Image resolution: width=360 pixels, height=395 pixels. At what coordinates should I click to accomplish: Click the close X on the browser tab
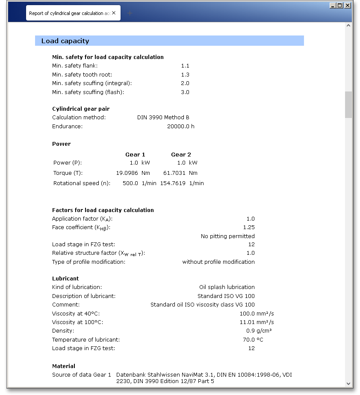click(114, 13)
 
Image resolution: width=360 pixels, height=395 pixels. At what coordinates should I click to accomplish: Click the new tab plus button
click(130, 13)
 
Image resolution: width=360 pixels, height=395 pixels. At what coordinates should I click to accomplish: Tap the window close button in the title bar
click(348, 6)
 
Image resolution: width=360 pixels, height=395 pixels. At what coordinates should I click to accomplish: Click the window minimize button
click(333, 6)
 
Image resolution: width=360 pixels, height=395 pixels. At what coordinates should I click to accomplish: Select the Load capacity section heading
click(65, 41)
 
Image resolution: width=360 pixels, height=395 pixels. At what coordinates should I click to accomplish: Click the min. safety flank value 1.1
click(185, 66)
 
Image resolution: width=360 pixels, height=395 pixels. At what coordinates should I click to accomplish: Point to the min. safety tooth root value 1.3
click(185, 75)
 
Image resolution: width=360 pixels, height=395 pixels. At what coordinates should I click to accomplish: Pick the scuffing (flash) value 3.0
click(185, 92)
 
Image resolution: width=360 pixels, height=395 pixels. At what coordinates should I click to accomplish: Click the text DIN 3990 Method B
click(163, 118)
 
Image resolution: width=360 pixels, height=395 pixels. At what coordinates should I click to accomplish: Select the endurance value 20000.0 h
click(180, 127)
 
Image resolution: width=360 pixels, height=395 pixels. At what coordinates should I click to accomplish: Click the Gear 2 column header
click(181, 155)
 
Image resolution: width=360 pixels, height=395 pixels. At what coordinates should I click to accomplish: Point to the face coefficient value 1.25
click(248, 227)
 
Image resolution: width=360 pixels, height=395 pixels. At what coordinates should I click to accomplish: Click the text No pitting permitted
click(227, 236)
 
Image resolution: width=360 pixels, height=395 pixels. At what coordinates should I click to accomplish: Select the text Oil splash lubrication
click(227, 287)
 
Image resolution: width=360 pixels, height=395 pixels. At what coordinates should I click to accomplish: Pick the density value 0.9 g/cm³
click(257, 331)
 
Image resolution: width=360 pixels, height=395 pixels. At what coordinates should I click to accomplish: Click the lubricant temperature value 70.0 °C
click(254, 340)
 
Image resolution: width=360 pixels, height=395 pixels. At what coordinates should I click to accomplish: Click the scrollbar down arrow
click(348, 383)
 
